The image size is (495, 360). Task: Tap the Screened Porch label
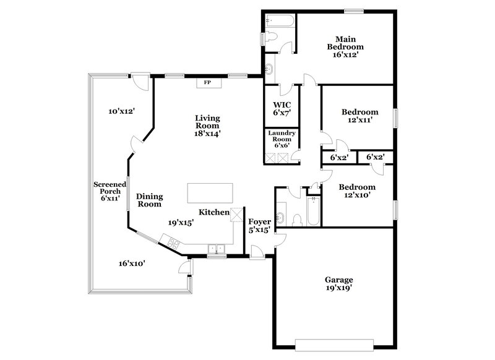click(x=107, y=191)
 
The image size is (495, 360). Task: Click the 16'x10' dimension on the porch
click(x=132, y=264)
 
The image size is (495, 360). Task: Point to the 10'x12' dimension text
click(x=122, y=111)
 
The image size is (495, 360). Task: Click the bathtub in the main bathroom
click(x=280, y=21)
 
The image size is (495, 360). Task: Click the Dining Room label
click(x=149, y=200)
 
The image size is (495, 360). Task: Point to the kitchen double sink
click(x=216, y=249)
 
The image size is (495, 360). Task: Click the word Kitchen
click(x=213, y=212)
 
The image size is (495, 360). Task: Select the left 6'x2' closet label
click(x=339, y=158)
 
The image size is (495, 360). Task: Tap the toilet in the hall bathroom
click(x=296, y=220)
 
